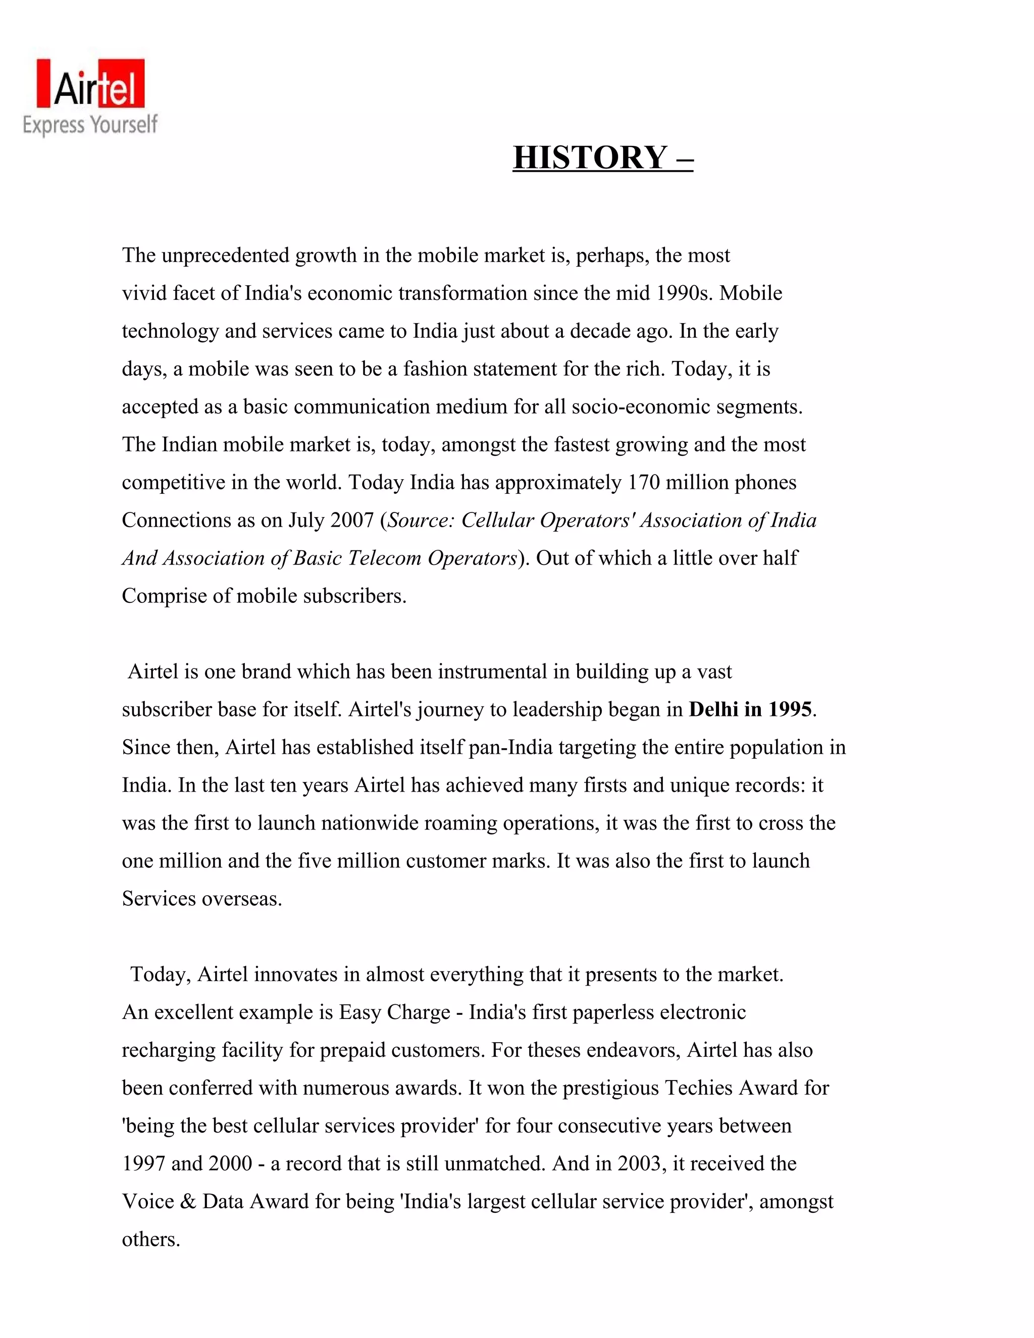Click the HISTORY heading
[602, 157]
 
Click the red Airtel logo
[91, 84]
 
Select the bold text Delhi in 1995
[750, 709]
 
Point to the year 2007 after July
[351, 521]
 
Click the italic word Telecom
[385, 558]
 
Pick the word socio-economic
[652, 407]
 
